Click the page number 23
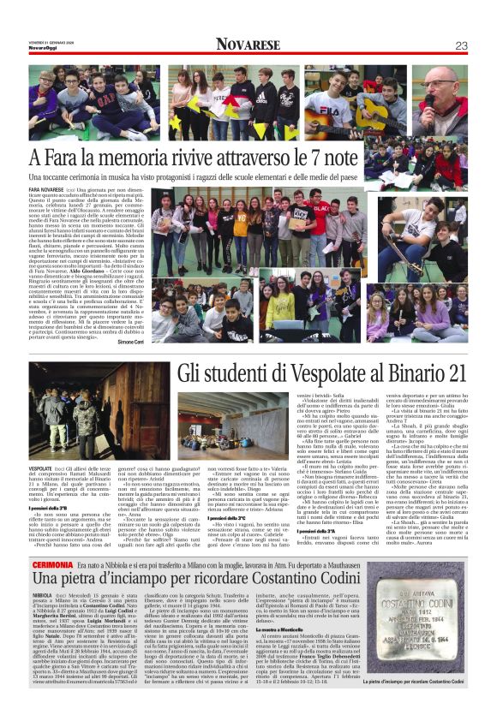click(x=461, y=45)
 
